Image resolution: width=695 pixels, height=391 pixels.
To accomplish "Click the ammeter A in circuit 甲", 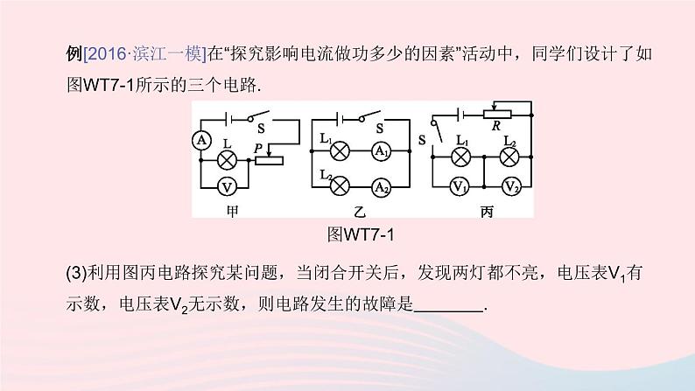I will coord(200,140).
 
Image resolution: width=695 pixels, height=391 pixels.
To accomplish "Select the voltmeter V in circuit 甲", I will coord(226,187).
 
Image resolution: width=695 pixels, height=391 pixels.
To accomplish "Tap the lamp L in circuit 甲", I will coord(226,159).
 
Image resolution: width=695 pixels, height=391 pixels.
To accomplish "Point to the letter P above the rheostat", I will coord(259,147).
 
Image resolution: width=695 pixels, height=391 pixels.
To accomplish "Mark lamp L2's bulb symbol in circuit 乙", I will coord(338,185).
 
